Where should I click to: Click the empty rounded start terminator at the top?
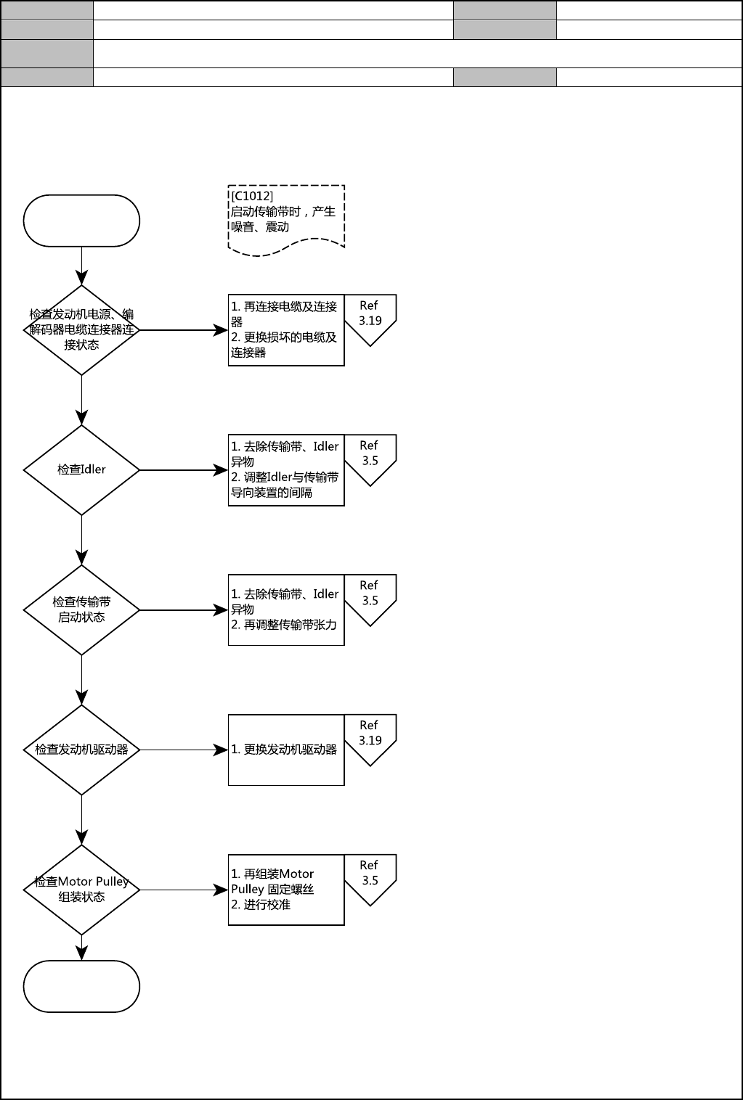tap(81, 221)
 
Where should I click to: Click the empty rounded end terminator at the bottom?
tap(81, 986)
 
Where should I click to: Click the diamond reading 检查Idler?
tap(81, 470)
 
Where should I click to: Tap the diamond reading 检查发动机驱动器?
tap(81, 750)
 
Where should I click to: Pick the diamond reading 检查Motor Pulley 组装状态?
tap(81, 890)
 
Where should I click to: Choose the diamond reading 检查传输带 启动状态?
tap(81, 609)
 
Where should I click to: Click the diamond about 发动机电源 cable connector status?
tap(81, 330)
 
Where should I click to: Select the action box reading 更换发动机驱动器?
tap(286, 750)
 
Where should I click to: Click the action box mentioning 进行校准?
tap(286, 890)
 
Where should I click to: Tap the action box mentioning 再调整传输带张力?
tap(286, 609)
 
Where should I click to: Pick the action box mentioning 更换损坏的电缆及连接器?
tap(286, 330)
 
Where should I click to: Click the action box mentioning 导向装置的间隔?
tap(286, 470)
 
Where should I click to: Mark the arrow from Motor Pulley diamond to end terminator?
tap(81, 948)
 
